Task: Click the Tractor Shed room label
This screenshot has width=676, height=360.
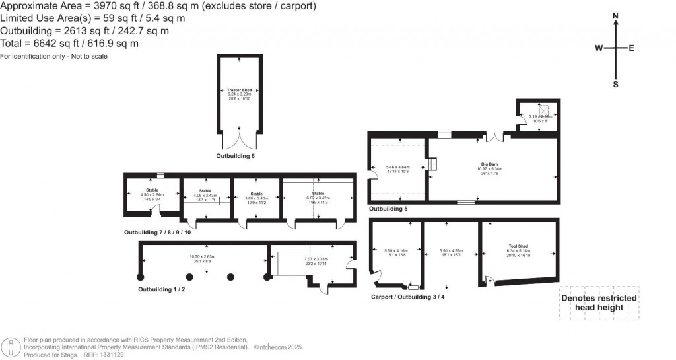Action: click(239, 90)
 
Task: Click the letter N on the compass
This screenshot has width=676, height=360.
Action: click(615, 15)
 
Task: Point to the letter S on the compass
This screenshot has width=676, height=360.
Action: click(615, 84)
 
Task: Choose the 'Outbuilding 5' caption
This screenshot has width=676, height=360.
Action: click(388, 209)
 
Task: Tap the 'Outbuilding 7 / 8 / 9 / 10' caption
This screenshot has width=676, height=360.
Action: click(158, 233)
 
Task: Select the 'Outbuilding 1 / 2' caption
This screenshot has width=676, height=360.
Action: click(162, 289)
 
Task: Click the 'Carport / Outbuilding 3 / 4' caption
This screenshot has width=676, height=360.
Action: click(408, 297)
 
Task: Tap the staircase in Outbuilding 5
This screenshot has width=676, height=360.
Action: click(433, 164)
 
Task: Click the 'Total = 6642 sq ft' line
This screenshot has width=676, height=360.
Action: click(69, 44)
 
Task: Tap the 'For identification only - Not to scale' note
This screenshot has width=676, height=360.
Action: click(54, 57)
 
